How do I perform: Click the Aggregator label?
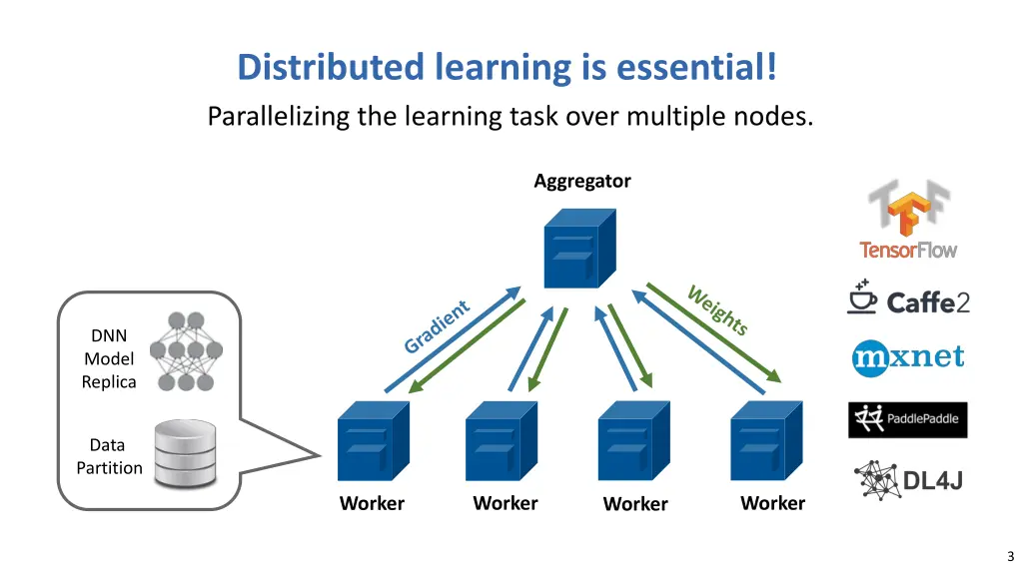tap(581, 181)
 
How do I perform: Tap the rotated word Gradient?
tap(437, 326)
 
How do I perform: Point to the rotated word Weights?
tap(717, 309)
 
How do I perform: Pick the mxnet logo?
tap(908, 356)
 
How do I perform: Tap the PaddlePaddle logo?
tap(908, 419)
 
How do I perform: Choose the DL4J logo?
tap(908, 480)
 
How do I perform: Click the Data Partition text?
tap(109, 456)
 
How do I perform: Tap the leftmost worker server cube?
tap(372, 442)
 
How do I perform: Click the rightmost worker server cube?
tap(766, 442)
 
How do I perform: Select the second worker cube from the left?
tap(503, 442)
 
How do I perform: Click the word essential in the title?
tap(696, 68)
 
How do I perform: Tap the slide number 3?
tap(1010, 556)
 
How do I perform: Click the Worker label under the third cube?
tap(635, 504)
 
